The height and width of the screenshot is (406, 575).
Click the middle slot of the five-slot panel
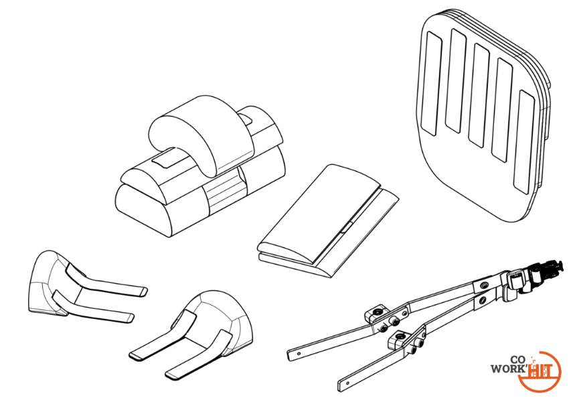(x=479, y=95)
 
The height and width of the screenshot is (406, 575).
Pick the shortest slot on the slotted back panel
(x=432, y=83)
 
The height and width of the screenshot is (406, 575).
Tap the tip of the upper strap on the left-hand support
(x=143, y=291)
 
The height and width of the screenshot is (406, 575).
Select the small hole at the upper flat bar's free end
(x=299, y=354)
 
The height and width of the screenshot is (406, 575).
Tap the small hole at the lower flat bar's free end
(x=347, y=384)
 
